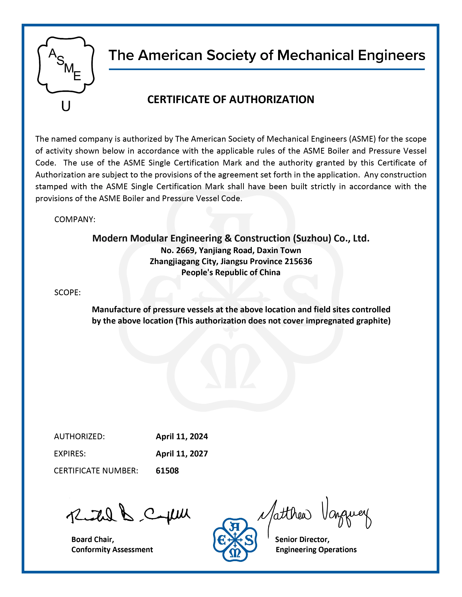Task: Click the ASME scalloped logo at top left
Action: tap(66, 65)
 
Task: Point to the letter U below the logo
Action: tap(66, 106)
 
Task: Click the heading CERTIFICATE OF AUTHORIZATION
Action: tap(231, 99)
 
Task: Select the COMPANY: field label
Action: tap(75, 219)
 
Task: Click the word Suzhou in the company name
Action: tap(312, 239)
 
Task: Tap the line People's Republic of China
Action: tap(231, 272)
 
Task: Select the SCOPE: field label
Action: tap(67, 293)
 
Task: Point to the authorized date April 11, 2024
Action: tap(182, 437)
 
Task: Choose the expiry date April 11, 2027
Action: tap(182, 454)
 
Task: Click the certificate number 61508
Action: tap(167, 471)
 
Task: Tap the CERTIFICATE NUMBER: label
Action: tap(96, 471)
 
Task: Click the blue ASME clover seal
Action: tap(235, 540)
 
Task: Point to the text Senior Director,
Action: tap(302, 540)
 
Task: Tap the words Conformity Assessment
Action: tap(112, 550)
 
